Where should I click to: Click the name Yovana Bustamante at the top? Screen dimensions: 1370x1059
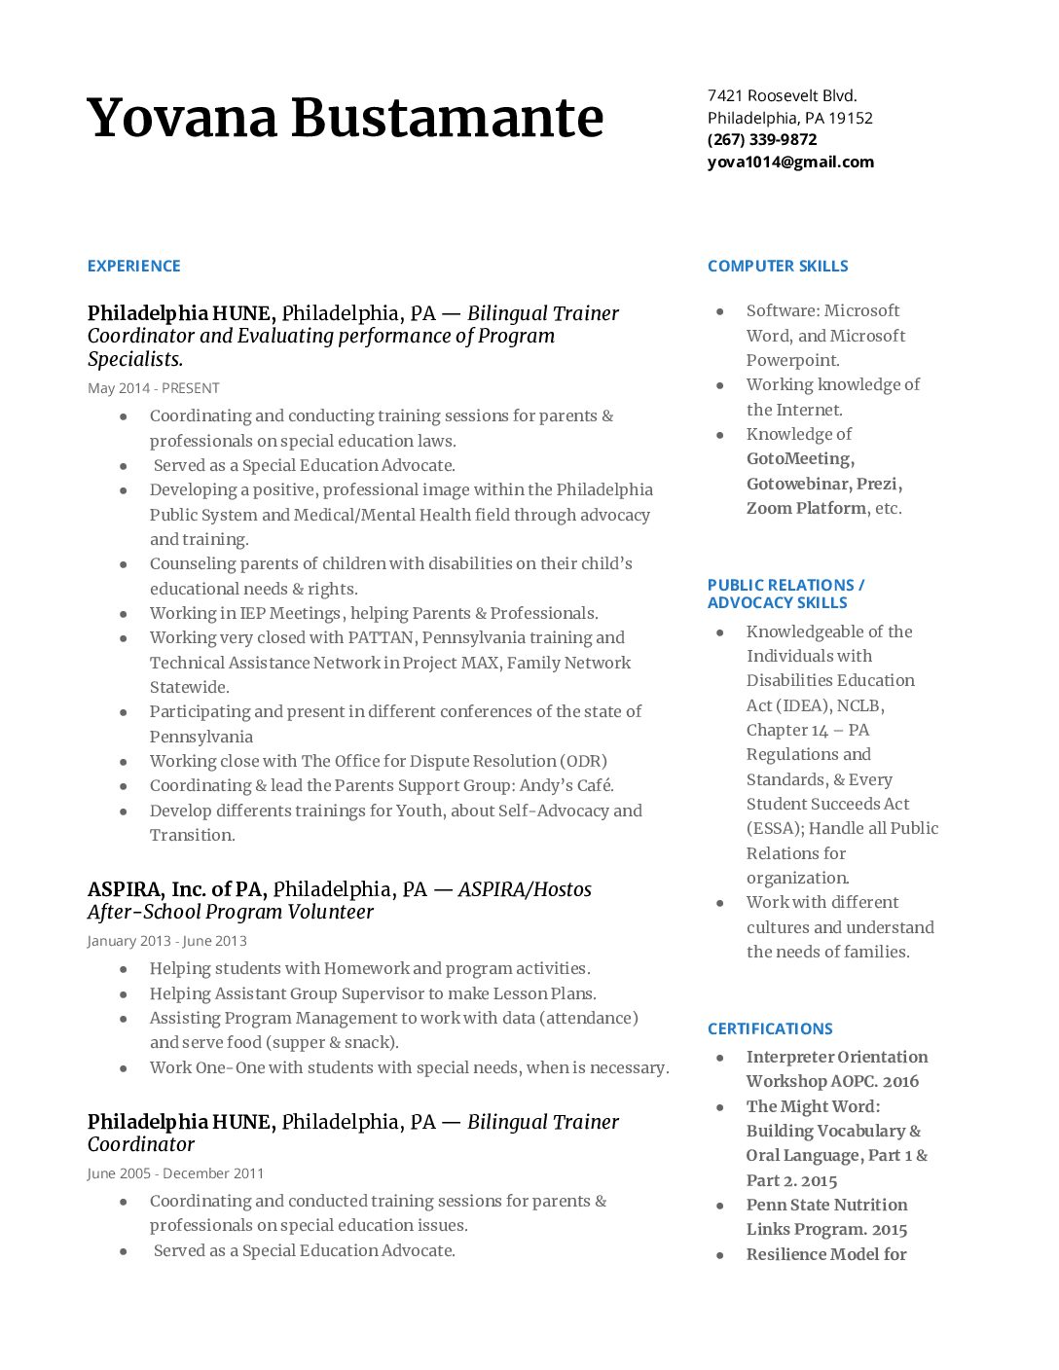(x=345, y=118)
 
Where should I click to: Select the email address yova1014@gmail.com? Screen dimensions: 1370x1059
(x=790, y=162)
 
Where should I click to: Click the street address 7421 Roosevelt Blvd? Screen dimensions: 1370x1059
(x=782, y=95)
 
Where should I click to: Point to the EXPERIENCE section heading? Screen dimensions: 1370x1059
(x=133, y=266)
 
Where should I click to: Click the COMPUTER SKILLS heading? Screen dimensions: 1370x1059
(x=778, y=266)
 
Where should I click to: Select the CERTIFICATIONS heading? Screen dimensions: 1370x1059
(x=770, y=1028)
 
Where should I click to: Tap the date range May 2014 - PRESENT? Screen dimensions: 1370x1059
(x=154, y=388)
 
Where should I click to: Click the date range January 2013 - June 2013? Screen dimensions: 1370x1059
(x=166, y=941)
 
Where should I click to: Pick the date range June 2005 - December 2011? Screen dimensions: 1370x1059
(x=175, y=1173)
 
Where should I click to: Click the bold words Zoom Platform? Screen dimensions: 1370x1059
(x=806, y=508)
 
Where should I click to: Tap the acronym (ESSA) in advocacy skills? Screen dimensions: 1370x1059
(x=775, y=828)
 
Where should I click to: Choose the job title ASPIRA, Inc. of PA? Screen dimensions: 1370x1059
(x=176, y=889)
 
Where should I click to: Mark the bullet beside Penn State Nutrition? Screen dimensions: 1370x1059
(x=720, y=1206)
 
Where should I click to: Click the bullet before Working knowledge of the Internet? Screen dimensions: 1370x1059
(x=720, y=385)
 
